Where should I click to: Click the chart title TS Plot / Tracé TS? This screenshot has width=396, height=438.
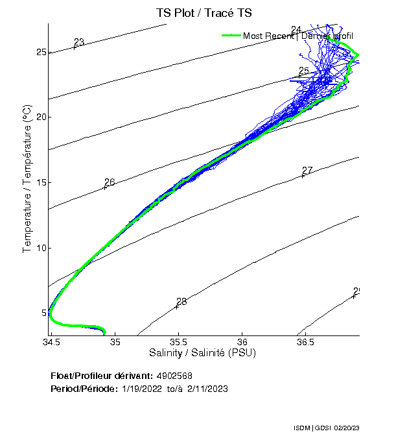204,13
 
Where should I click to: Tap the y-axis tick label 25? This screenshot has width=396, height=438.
40,52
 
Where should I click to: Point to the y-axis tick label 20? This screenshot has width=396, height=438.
40,117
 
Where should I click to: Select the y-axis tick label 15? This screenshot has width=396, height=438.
40,182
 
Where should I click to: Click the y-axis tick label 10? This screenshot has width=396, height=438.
40,248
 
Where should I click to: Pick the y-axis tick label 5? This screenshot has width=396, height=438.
43,313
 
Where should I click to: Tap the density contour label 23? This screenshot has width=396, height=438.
79,42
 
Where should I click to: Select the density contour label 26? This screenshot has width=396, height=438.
110,182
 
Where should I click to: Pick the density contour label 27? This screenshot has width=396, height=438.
307,171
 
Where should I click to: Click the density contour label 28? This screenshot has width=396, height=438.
181,302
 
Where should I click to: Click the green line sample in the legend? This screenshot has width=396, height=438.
231,36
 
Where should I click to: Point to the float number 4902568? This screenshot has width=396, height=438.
173,376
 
